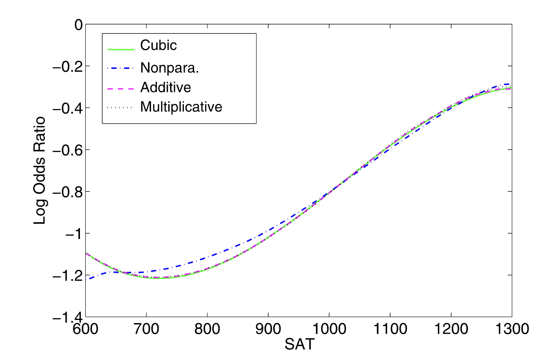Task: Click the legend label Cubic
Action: (159, 45)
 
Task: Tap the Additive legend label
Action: (166, 87)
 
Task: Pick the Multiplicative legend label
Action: (181, 107)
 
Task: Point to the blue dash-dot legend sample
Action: (120, 68)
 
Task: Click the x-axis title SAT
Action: (298, 344)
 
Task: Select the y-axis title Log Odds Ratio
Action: (40, 170)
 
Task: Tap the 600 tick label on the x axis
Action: (85, 330)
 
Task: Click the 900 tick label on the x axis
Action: (268, 330)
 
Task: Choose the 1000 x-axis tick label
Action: (329, 330)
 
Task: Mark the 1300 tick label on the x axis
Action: (512, 330)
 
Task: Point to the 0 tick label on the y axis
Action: (79, 25)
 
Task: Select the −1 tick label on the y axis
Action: (73, 234)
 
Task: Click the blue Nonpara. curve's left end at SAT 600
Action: (86, 279)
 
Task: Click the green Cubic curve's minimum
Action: (158, 278)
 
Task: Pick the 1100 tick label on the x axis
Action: (390, 330)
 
